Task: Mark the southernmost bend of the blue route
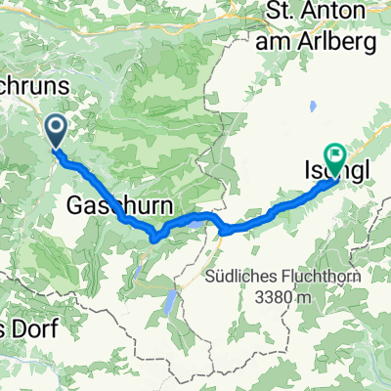coord(154,238)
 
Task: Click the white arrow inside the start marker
coord(54,126)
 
